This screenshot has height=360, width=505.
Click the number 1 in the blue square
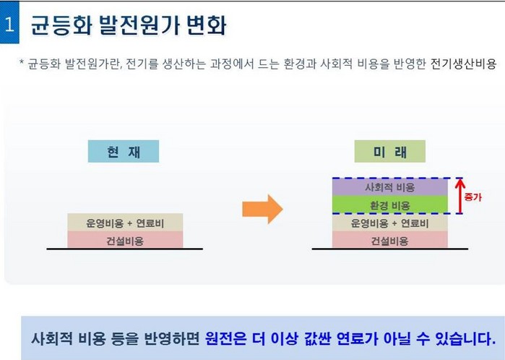coord(9,24)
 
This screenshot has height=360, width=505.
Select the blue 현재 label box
coord(124,151)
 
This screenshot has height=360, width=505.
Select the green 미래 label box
coord(389,151)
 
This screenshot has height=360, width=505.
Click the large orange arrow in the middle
coord(262,209)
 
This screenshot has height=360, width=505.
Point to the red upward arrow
coord(460,196)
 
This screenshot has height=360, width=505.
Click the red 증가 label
coord(472,197)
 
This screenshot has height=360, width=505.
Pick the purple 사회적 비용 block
coord(389,187)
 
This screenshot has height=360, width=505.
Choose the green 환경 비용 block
coord(389,205)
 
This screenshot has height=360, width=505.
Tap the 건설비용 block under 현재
coord(125,240)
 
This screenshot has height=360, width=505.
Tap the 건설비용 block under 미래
coord(389,240)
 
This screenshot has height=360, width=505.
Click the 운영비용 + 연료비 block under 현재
coord(125,223)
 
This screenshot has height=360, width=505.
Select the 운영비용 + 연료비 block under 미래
coord(389,223)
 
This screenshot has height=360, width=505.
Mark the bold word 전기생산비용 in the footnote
coord(463,64)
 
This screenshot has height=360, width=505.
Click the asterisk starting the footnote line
coord(22,62)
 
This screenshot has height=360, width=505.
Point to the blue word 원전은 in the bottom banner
coord(225,338)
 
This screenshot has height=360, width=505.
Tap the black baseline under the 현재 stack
coord(125,249)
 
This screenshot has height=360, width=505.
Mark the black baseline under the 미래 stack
coord(389,249)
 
